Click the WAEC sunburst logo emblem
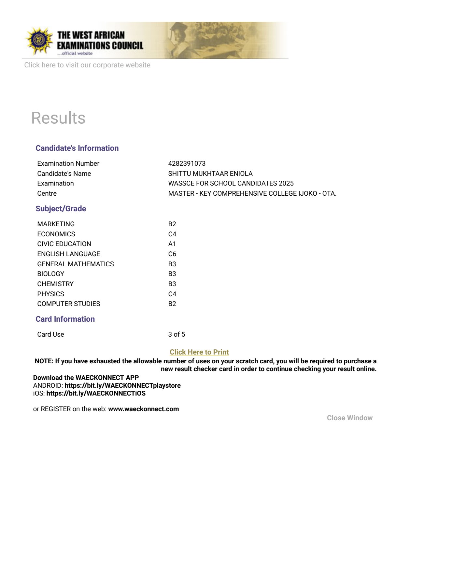pos(39,40)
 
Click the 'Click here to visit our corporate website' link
pos(87,65)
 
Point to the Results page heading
pos(58,118)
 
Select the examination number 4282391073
pos(187,163)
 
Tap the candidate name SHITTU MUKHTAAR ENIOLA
pos(210,174)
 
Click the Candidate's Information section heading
pos(77,148)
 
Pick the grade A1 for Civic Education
pos(172,244)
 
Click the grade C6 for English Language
pos(172,254)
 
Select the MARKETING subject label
pos(56,224)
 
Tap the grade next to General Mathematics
pos(172,264)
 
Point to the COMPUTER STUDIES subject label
pos(69,304)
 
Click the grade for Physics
pos(172,294)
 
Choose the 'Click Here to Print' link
pos(199,352)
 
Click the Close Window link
pos(350,418)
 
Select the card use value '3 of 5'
pos(177,334)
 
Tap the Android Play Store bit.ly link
pos(123,385)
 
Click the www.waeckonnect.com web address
pos(144,409)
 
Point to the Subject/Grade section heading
pos(61,209)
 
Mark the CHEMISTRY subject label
pos(55,284)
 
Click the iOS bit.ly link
pos(96,393)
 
